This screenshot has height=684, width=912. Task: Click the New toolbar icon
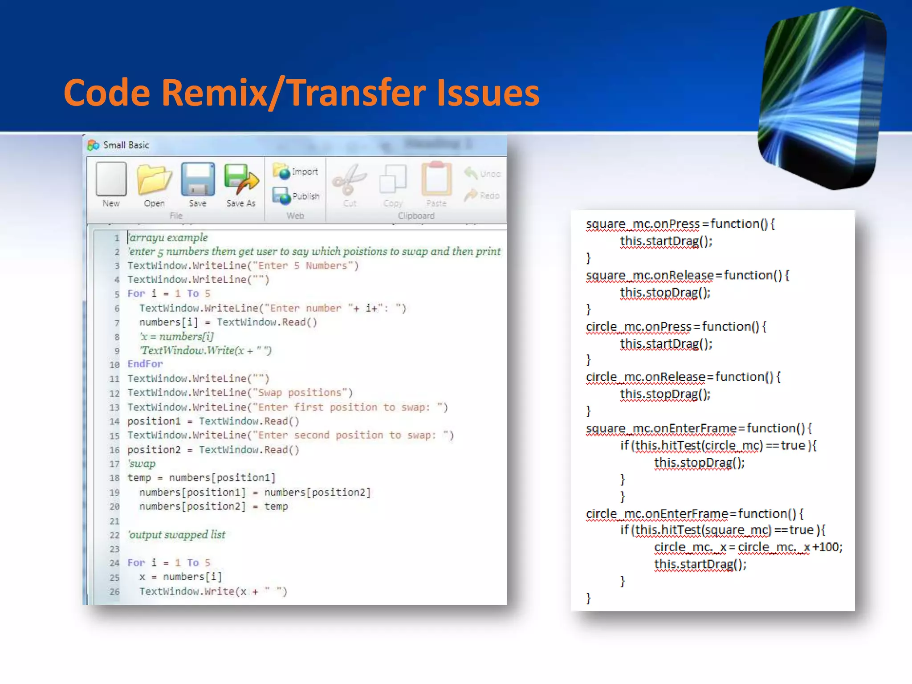[111, 179]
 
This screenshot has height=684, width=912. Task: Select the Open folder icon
[154, 179]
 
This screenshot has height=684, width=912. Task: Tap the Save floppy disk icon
[198, 179]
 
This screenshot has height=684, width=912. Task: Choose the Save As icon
[241, 179]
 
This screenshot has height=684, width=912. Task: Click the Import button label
[305, 172]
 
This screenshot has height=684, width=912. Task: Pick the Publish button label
[305, 196]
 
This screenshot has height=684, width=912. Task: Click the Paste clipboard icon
[436, 179]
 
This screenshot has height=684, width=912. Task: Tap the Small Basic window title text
[126, 145]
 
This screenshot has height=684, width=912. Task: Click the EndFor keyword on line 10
[145, 364]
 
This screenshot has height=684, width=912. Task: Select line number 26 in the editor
[114, 591]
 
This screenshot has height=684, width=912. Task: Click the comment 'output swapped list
[177, 534]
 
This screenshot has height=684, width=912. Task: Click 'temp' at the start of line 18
[139, 478]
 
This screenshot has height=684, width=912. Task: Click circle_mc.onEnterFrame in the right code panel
[657, 514]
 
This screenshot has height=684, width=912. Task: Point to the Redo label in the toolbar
[489, 195]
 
